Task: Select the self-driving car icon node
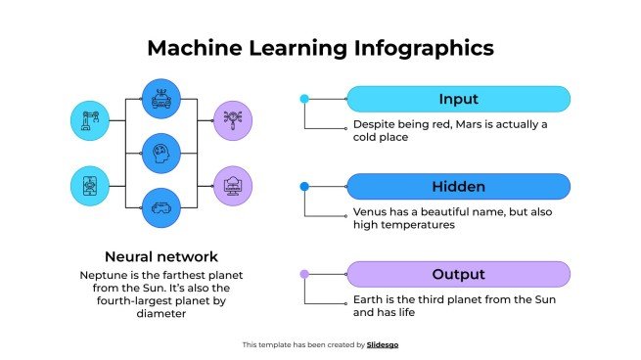161,98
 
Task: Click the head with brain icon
161,153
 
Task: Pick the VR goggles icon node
161,206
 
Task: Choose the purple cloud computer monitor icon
233,185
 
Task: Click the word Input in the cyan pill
458,99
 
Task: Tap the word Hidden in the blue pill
458,187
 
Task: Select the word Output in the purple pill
458,274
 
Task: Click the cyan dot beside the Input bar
304,99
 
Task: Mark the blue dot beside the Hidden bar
304,187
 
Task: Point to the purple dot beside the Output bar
304,274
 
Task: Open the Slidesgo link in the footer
383,344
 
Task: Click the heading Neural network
161,257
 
